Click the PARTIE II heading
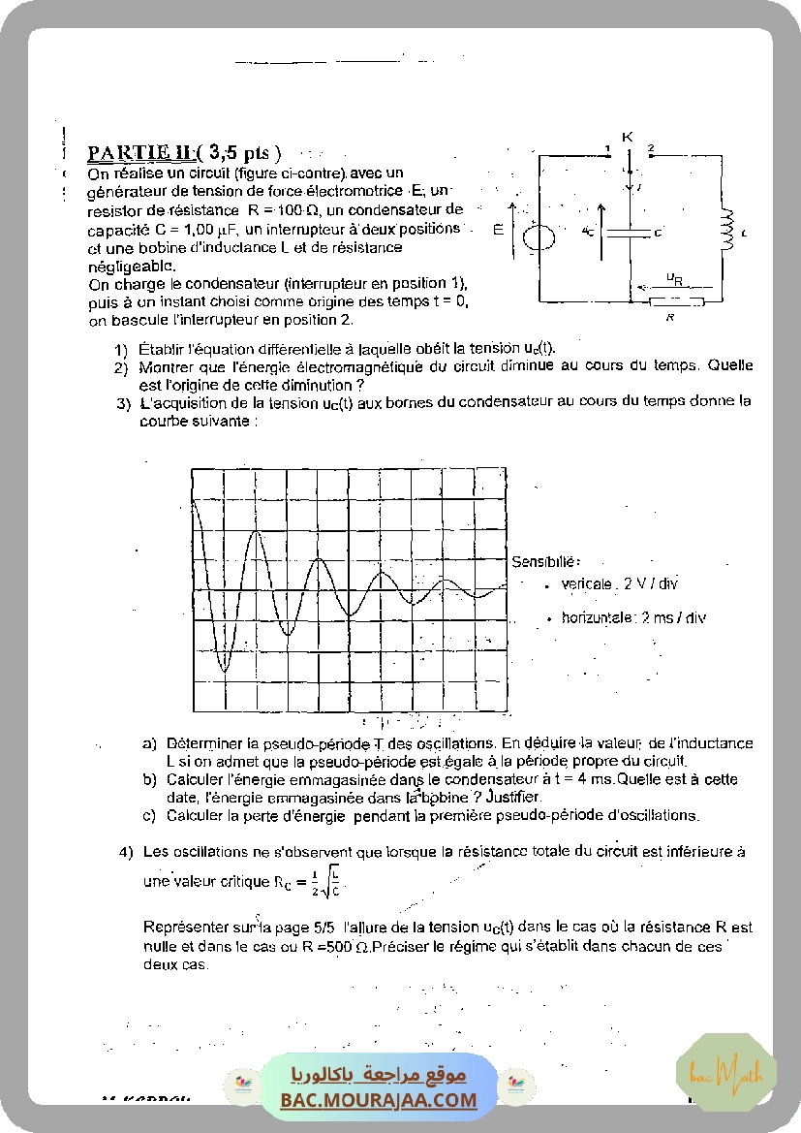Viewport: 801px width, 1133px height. [x=142, y=153]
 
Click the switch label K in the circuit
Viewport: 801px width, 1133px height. [x=627, y=137]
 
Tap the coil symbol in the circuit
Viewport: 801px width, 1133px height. [x=726, y=229]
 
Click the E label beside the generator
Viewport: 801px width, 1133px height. [x=499, y=230]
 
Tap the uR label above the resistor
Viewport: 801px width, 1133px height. [x=674, y=279]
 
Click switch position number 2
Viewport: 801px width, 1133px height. [x=651, y=148]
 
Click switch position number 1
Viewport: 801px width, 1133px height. [x=607, y=148]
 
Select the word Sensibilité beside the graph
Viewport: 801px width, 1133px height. [x=545, y=561]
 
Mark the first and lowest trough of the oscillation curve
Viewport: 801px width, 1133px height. [x=224, y=670]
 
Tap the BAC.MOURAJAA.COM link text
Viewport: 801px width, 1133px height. [x=380, y=1100]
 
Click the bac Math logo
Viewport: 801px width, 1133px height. [x=726, y=1073]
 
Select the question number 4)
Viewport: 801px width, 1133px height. [x=126, y=853]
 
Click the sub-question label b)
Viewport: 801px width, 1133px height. [x=149, y=779]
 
